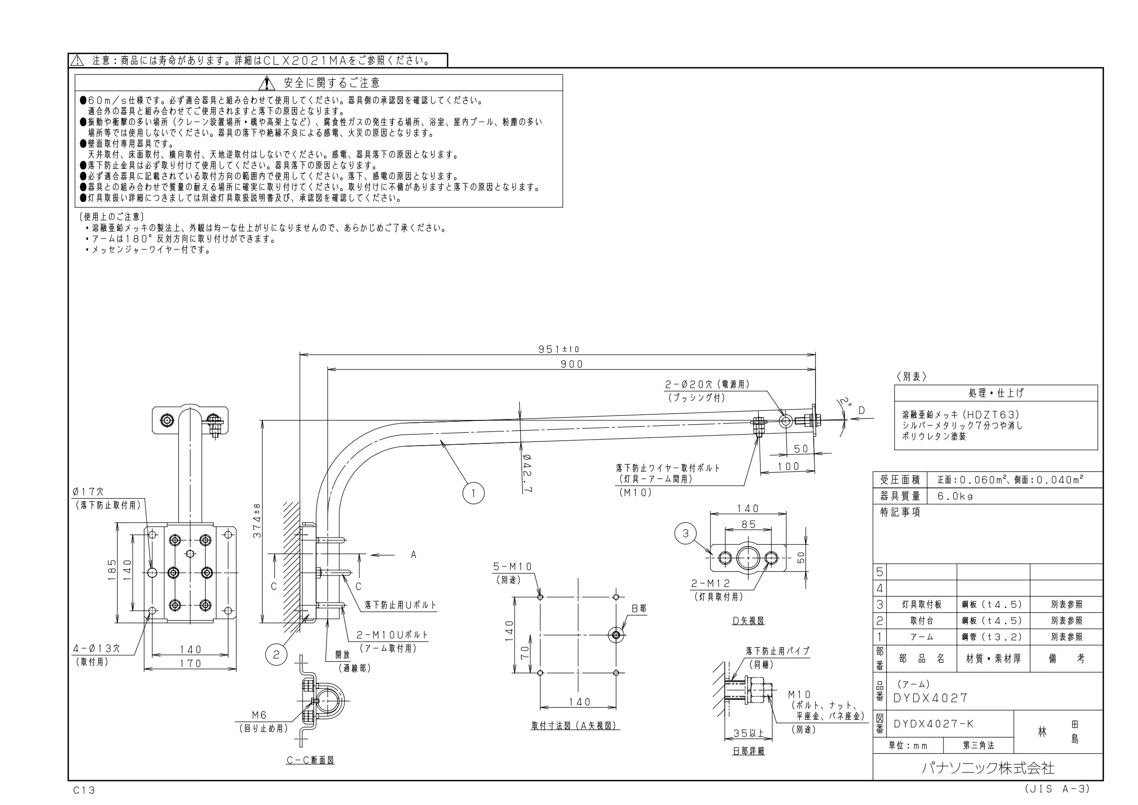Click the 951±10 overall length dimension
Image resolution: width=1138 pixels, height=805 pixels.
point(559,349)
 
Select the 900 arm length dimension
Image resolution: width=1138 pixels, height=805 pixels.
point(572,364)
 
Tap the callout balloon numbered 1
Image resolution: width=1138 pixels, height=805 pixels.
point(473,493)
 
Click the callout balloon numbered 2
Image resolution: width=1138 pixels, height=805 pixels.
point(276,655)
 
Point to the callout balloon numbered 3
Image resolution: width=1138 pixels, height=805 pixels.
point(685,534)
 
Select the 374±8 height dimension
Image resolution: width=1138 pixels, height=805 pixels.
point(257,520)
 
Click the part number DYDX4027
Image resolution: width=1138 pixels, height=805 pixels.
point(930,699)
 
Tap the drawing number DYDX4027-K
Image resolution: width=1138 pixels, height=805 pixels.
point(934,724)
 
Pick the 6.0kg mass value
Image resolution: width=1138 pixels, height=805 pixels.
point(955,496)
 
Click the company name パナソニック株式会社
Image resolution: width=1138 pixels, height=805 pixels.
point(988,768)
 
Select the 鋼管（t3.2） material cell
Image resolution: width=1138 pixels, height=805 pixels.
point(993,637)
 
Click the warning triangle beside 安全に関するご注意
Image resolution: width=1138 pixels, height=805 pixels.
point(266,83)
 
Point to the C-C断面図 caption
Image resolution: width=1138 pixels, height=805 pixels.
point(310,760)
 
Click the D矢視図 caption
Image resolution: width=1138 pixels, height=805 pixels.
point(748,621)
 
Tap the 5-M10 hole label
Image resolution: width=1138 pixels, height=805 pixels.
point(512,566)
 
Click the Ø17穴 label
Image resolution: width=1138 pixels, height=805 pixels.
point(88,492)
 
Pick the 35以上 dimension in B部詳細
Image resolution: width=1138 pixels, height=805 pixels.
point(749,733)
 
